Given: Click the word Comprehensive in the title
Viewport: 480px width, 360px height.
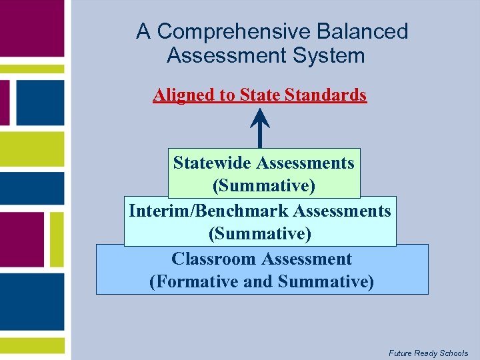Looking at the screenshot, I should pos(234,31).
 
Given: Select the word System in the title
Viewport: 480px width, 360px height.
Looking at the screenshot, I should pos(332,55).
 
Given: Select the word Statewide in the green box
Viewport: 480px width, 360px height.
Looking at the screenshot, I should pos(212,163).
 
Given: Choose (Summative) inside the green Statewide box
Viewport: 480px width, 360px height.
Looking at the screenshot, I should pos(263,185).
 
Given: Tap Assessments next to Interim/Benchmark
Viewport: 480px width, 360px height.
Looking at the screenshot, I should pos(341,211).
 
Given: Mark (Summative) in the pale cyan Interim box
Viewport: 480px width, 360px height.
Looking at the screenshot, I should pos(260,233).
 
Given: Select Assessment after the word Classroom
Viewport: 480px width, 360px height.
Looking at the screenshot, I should pos(307,259).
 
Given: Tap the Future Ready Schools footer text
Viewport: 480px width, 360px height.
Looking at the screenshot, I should pos(428,353).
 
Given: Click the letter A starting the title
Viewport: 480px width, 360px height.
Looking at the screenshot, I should pos(143,31).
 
